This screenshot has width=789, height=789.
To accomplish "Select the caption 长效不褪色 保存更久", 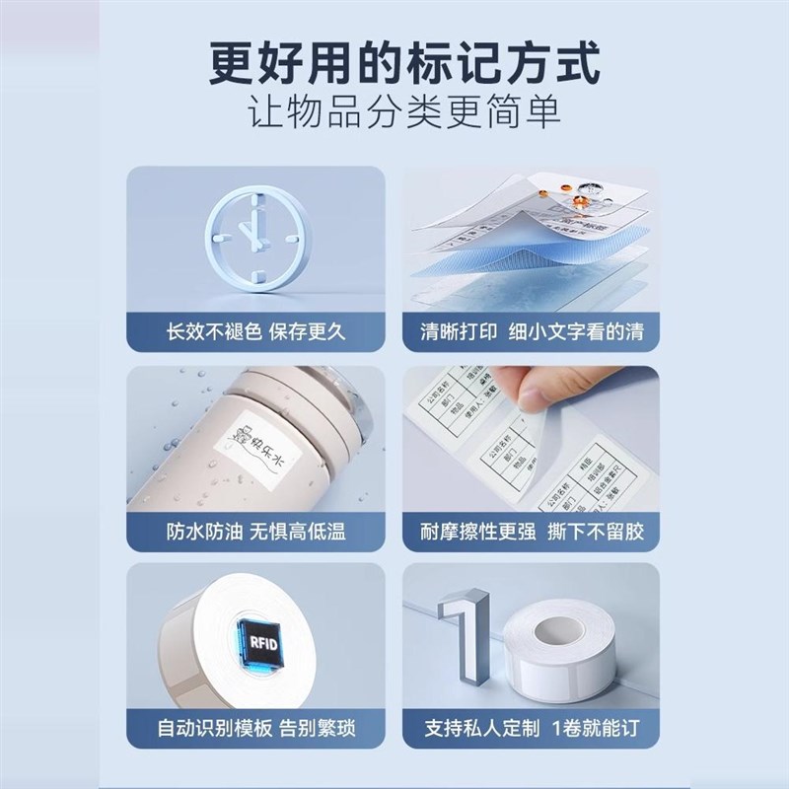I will tap(256, 331).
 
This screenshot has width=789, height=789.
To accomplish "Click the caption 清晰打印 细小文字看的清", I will tap(532, 331).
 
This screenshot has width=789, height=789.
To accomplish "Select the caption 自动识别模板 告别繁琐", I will tap(256, 730).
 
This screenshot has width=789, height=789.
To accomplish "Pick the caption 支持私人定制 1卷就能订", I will tap(532, 730).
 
